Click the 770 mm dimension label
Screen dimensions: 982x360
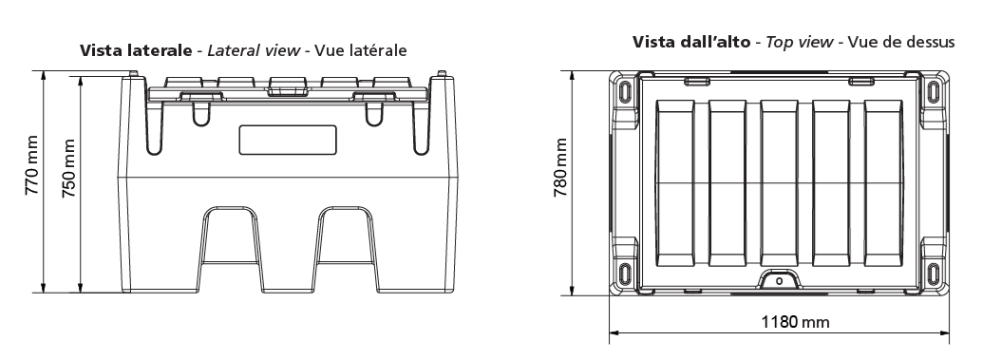pos(32,164)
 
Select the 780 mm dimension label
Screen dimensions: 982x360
pos(560,167)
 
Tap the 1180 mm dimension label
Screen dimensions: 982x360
pos(795,322)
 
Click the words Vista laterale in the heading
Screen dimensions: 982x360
pos(136,50)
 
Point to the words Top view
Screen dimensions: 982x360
pos(799,43)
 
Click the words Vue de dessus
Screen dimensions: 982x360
pos(902,42)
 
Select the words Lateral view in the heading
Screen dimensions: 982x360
pos(254,50)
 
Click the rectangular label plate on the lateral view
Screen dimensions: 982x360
pos(288,140)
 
